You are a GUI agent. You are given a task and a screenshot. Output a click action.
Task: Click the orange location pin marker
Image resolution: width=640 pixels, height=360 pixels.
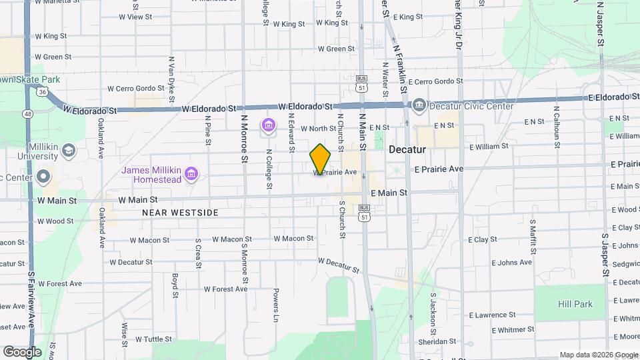click(x=320, y=159)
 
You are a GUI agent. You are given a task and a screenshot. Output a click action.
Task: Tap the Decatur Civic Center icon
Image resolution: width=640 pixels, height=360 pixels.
click(x=419, y=105)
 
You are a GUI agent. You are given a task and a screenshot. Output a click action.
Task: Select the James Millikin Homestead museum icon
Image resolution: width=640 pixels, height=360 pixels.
click(x=191, y=175)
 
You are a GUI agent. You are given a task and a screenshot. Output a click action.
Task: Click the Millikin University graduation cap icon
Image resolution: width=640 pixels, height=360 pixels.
click(x=69, y=151)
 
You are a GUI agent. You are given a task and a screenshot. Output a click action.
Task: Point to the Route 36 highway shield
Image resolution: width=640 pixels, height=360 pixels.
click(x=42, y=91)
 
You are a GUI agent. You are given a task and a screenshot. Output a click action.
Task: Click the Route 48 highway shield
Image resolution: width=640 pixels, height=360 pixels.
click(x=28, y=114)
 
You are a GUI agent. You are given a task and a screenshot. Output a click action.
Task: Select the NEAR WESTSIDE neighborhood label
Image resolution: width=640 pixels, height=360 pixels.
click(x=180, y=213)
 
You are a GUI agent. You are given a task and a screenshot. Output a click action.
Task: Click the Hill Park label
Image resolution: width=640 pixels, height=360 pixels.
click(x=575, y=304)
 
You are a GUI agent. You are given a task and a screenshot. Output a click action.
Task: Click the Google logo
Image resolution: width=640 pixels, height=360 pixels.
click(x=22, y=351)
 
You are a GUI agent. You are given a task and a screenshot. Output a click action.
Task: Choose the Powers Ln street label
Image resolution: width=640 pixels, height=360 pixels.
click(x=275, y=301)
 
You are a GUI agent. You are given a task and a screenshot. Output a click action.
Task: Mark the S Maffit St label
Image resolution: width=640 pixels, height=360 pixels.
click(x=533, y=238)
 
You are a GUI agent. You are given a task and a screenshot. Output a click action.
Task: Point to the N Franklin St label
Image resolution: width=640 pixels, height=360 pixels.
click(x=401, y=67)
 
